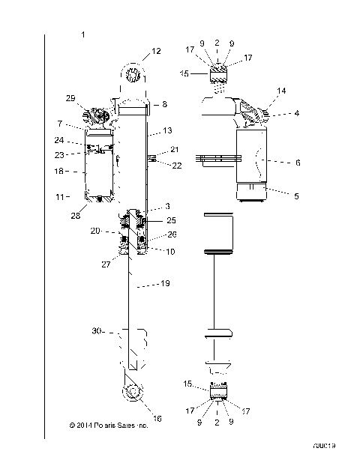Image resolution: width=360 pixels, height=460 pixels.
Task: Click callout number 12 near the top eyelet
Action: pos(156,51)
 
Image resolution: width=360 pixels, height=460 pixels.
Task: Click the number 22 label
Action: pos(176,166)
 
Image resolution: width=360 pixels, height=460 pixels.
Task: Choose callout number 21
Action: pos(175,149)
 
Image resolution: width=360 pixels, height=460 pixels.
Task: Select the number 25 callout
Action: pos(172,221)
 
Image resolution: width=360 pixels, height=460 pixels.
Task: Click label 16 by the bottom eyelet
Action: pos(157,419)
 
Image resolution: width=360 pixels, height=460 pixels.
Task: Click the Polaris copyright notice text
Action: pos(108,426)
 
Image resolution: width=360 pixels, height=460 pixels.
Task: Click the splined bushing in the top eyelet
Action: pos(133,75)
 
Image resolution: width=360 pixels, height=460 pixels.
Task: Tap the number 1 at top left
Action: pos(82,34)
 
